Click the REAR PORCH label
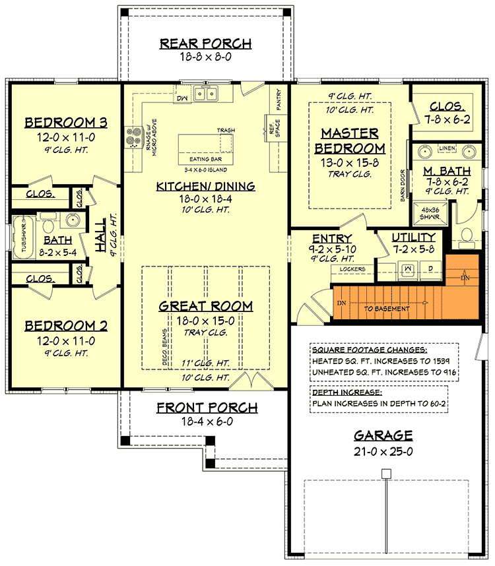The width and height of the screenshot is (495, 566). [205, 44]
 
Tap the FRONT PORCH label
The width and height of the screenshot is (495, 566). [207, 408]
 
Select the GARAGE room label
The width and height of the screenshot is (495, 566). [383, 435]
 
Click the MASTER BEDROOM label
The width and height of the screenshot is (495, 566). [349, 140]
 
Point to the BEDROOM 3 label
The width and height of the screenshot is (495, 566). [66, 123]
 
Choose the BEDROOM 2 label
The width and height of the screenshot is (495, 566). [66, 326]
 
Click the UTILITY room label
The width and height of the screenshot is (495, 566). [413, 237]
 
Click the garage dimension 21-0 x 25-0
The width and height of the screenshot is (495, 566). [383, 452]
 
